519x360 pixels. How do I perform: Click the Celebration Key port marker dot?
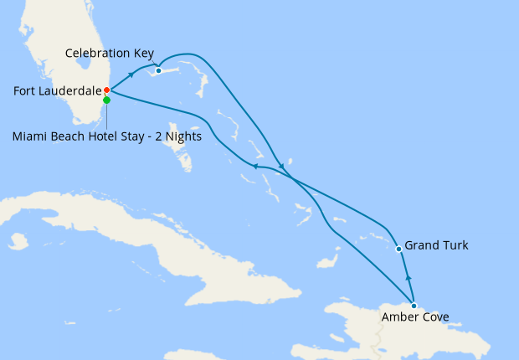pos(158,70)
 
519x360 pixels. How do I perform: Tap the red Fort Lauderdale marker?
pos(106,90)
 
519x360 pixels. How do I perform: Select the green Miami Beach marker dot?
pos(106,100)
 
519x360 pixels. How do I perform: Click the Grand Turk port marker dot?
pos(398,249)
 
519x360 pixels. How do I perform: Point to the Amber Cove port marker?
pos(414,306)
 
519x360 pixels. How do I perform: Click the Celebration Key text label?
pos(110,54)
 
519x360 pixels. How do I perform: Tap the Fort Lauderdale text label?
pos(52,90)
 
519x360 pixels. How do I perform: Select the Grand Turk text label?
pos(436,246)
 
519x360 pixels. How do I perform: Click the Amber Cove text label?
pos(414,318)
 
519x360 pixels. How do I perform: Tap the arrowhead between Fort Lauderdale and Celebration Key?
pos(132,75)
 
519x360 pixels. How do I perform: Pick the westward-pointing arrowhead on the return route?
pos(255,167)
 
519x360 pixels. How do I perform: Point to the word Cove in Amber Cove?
pos(434,318)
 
